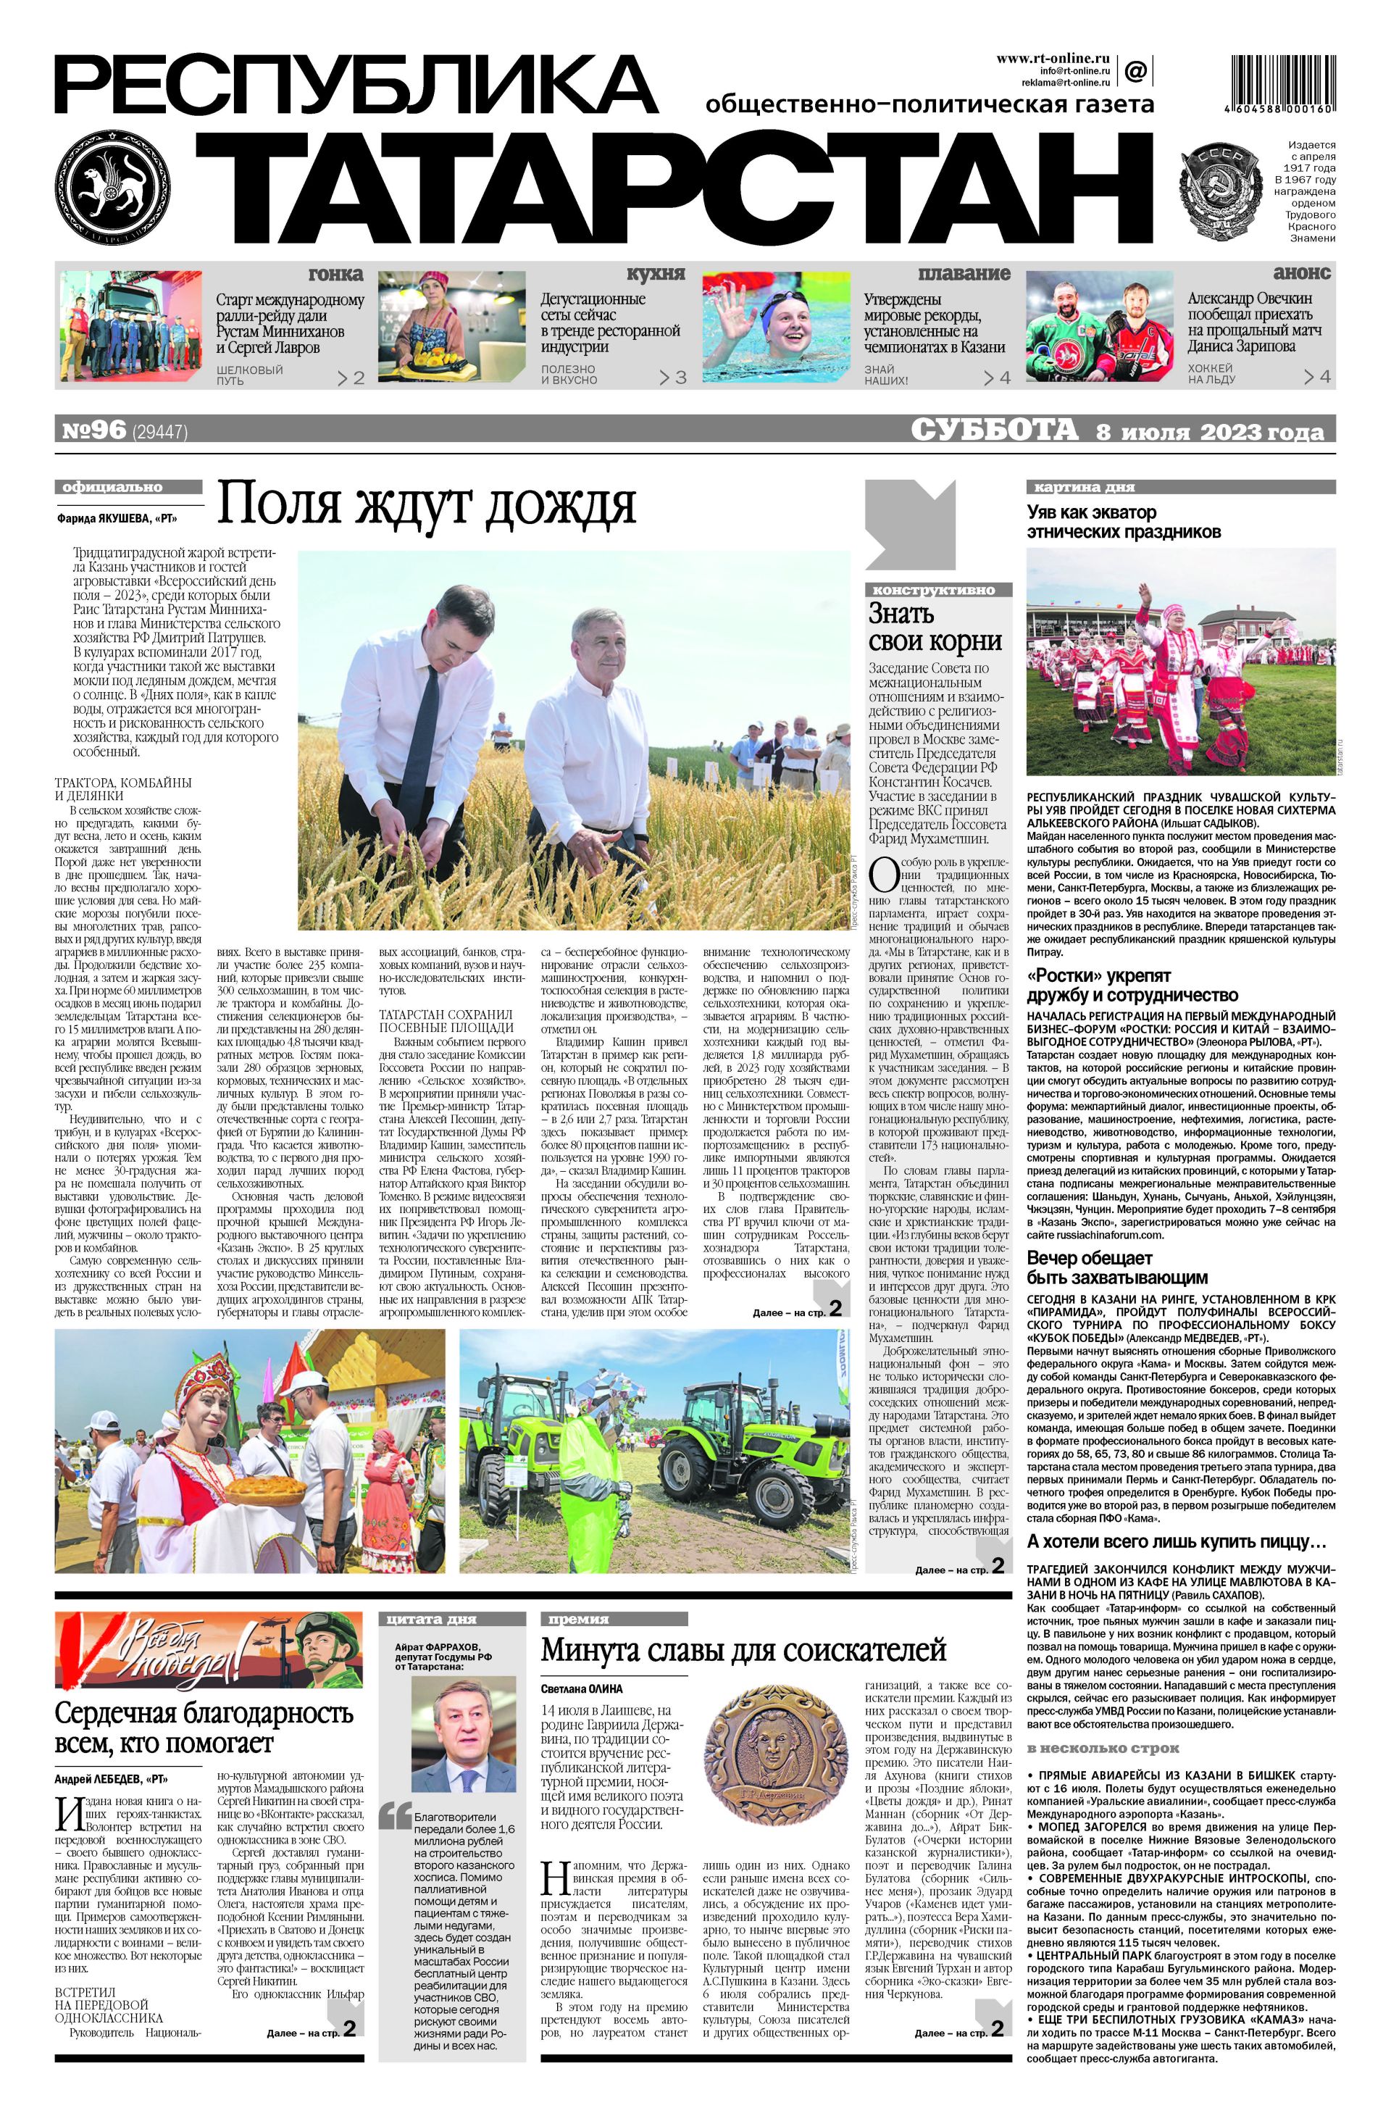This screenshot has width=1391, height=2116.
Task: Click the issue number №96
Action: tap(95, 431)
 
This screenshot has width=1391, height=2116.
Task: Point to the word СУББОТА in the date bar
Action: tap(995, 431)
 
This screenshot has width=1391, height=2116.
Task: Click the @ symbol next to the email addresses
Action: tap(1135, 70)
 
